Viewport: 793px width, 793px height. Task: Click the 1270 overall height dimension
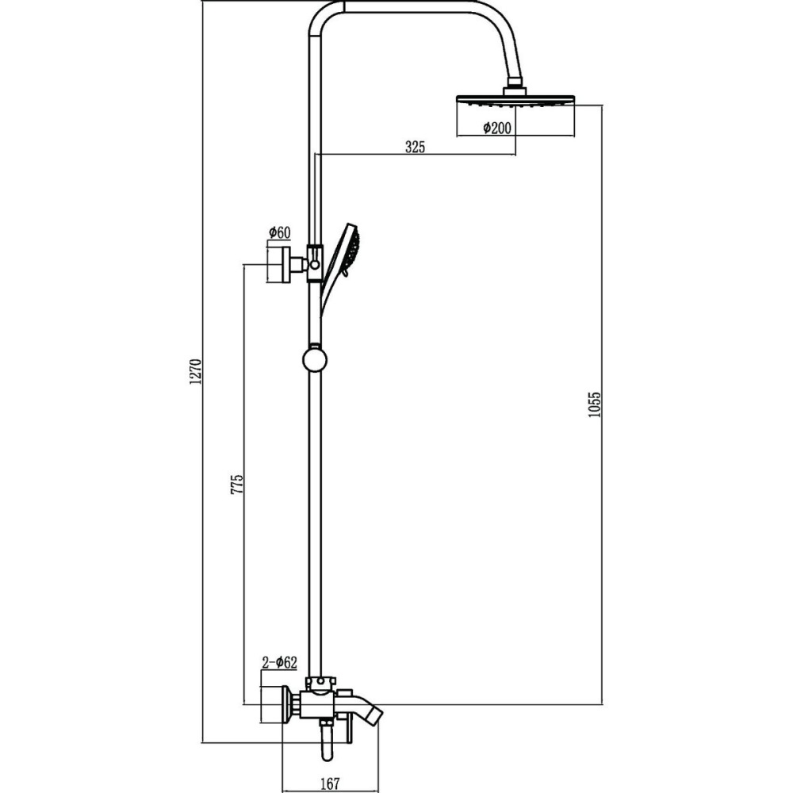pos(196,372)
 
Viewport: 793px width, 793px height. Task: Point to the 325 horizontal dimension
pos(416,147)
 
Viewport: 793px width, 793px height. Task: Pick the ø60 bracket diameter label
pos(279,232)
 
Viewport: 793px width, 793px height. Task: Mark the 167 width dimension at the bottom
pos(331,783)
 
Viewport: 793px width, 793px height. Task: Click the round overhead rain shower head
pos(515,102)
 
